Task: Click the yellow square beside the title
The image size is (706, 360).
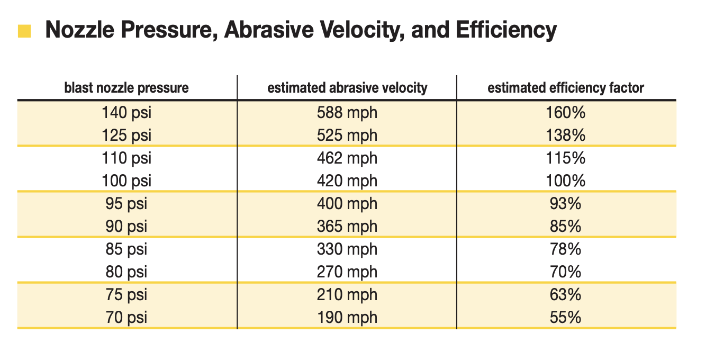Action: tap(24, 31)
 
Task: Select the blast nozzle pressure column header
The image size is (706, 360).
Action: tap(126, 88)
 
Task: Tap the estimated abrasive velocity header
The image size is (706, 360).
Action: tap(347, 88)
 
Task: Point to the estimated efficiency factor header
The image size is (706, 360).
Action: tap(566, 88)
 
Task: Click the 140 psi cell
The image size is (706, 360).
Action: tap(126, 113)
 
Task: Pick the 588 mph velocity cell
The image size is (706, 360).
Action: tap(347, 113)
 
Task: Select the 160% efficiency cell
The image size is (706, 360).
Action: tap(566, 113)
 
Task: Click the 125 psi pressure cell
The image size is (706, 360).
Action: tap(126, 136)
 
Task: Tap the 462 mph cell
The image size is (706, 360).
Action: tap(347, 158)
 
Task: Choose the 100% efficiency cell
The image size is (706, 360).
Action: tap(566, 181)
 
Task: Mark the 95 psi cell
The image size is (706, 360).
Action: tap(126, 204)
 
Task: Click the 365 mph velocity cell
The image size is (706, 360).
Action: tap(347, 227)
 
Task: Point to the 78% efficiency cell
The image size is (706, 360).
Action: tap(566, 249)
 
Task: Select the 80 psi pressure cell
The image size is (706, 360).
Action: tap(126, 272)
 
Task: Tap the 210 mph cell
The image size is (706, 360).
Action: tap(347, 294)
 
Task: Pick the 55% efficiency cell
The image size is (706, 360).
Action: tap(566, 317)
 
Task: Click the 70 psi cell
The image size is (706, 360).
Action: tap(126, 317)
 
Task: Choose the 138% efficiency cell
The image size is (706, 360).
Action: tap(566, 136)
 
